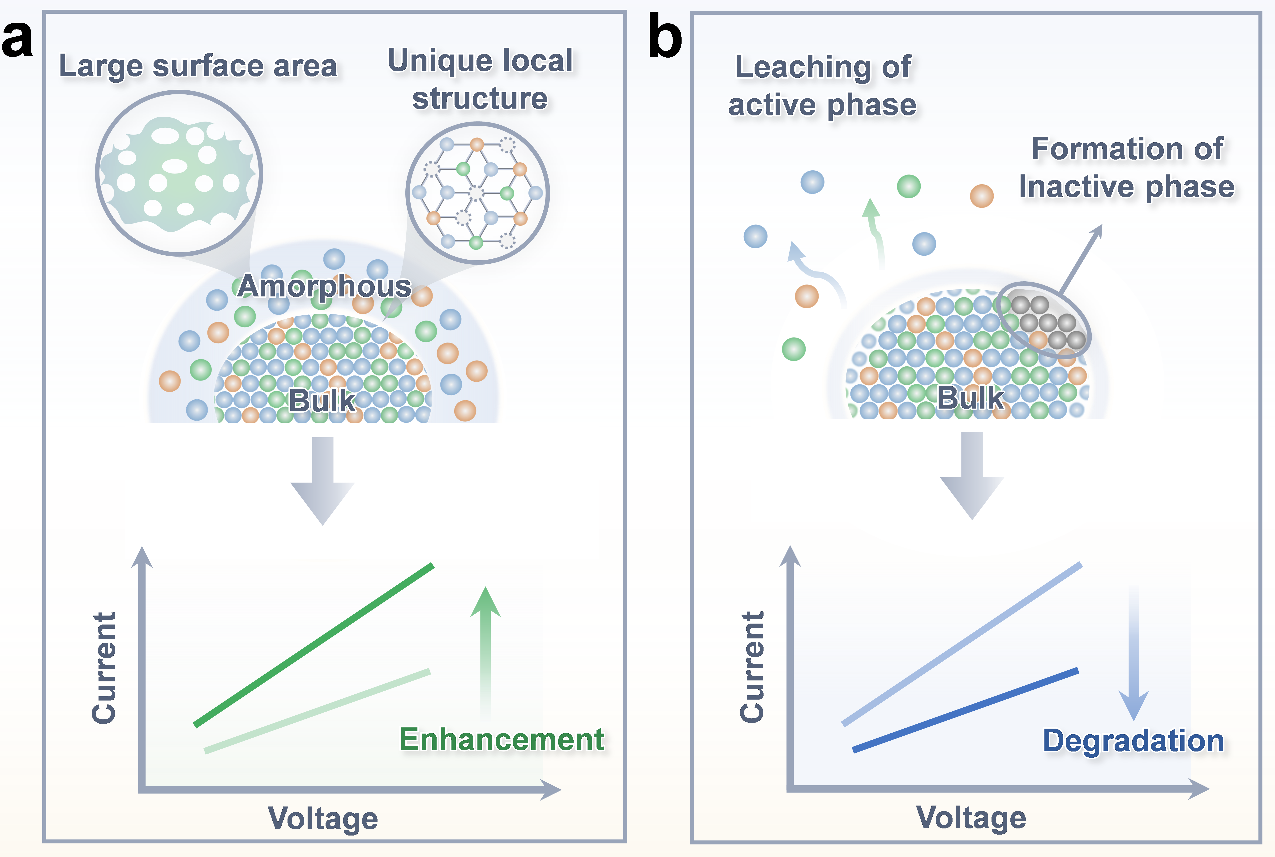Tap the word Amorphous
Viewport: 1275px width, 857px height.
pyautogui.click(x=324, y=286)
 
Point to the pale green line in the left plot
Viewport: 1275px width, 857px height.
pyautogui.click(x=317, y=710)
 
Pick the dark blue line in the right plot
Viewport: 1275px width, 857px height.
pyautogui.click(x=966, y=709)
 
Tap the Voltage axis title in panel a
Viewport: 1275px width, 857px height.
pyautogui.click(x=323, y=818)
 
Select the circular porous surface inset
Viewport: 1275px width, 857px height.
pyautogui.click(x=179, y=173)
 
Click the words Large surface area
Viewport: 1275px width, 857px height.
pyautogui.click(x=198, y=66)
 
